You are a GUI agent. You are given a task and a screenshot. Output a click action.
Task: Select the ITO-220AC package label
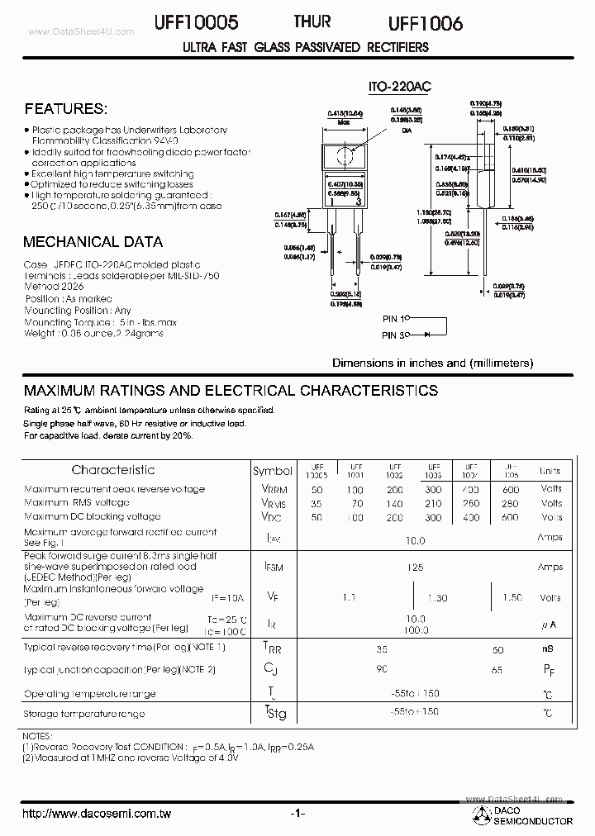coord(400,86)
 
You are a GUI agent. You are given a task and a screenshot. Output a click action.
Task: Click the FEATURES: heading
coord(65,109)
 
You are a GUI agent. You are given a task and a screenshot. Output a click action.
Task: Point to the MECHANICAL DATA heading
coord(93,242)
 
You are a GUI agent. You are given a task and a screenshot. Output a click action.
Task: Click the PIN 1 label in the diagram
coord(394,319)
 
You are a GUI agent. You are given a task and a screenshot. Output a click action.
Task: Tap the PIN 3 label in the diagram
coord(394,335)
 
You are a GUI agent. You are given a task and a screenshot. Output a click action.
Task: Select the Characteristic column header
coord(113,470)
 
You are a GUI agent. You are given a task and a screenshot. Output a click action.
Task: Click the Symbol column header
coord(273,471)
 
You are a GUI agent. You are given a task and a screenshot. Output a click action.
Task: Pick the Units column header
coord(550,471)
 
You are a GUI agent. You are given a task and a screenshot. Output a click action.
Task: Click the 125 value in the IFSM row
coord(415,568)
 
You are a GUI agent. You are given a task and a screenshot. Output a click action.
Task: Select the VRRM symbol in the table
coord(273,489)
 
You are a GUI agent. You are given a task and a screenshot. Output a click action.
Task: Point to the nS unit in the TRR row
coord(548,649)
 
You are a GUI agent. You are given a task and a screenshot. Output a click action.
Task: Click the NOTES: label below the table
coord(39,735)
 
